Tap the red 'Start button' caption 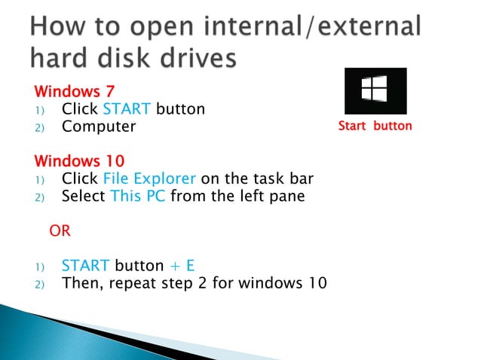375,126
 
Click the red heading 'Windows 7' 71,92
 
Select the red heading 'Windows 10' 79,162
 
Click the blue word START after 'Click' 127,109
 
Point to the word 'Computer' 99,127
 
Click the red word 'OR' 60,231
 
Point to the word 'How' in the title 60,26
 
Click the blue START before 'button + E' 86,266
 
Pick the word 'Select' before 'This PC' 84,197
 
